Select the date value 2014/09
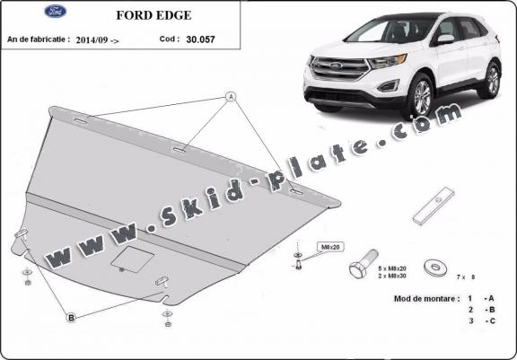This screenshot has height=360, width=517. click(96, 40)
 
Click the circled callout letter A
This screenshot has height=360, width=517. click(230, 96)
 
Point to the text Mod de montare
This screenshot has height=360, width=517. click(420, 297)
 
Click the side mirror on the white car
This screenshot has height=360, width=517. click(444, 40)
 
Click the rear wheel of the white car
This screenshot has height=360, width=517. click(491, 79)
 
